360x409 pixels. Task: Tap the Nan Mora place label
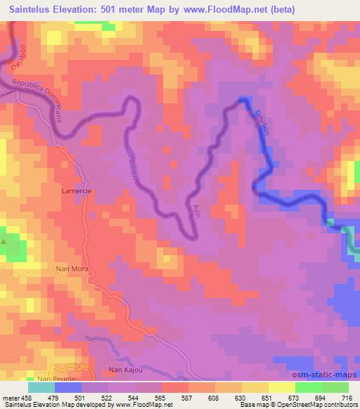click(70, 268)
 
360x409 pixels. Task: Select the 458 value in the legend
click(26, 396)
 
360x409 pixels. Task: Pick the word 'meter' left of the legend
click(10, 396)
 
